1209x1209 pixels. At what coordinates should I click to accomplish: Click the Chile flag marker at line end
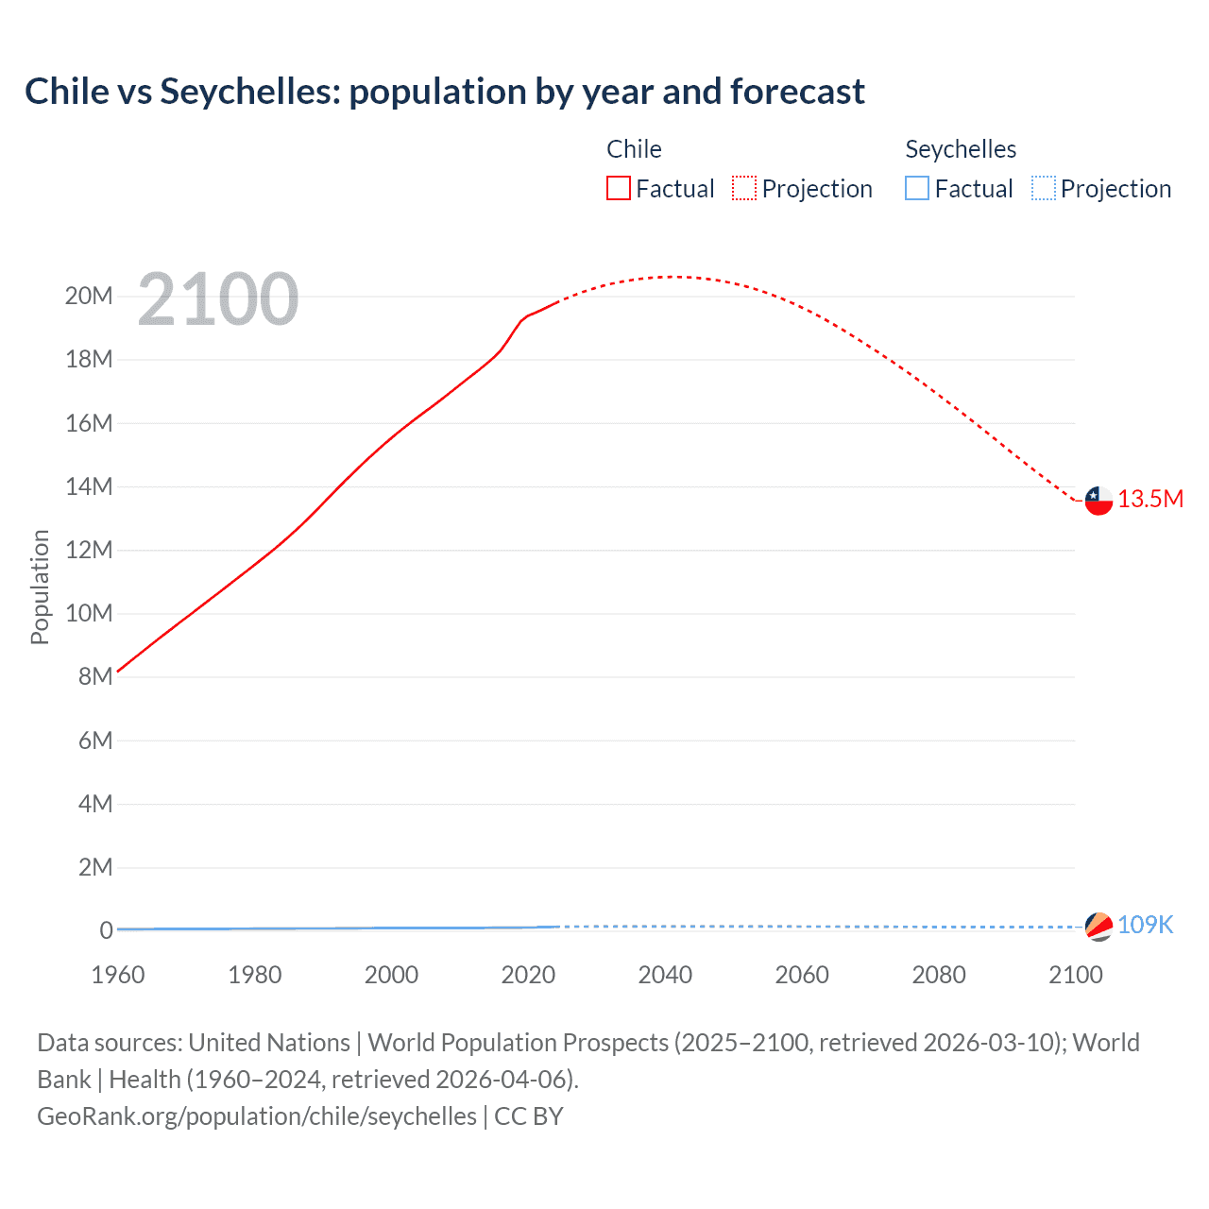[1098, 501]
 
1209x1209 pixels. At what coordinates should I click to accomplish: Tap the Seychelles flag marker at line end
[1098, 927]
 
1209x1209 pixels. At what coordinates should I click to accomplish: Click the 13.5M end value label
[1150, 499]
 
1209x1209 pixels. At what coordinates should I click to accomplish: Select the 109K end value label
[1145, 925]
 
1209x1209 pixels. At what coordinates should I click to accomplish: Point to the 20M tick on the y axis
[89, 296]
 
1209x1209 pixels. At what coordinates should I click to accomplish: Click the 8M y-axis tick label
[95, 676]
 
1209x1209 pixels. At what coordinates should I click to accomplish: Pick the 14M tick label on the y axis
[89, 486]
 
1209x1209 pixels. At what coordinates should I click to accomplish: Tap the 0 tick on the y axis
[106, 930]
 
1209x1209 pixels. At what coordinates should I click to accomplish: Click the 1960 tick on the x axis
[118, 975]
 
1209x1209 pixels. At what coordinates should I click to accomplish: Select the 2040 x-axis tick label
[665, 975]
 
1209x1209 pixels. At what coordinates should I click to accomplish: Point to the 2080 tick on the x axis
[939, 975]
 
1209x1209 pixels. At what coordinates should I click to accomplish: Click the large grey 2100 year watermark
[218, 299]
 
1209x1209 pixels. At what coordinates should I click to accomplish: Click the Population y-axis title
[40, 587]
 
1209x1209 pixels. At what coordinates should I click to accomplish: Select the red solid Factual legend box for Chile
[619, 188]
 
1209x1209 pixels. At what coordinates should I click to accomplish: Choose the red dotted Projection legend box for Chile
[744, 188]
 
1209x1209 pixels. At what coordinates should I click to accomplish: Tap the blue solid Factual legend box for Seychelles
[917, 188]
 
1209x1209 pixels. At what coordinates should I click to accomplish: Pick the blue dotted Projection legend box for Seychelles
[1044, 188]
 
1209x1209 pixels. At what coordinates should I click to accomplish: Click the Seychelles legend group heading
[961, 149]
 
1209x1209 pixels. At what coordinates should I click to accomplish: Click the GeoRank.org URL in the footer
[257, 1115]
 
